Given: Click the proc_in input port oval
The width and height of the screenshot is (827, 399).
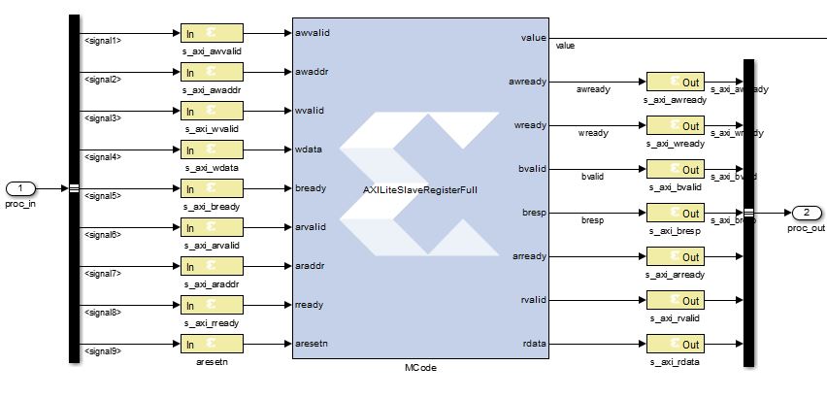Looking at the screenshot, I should [x=20, y=188].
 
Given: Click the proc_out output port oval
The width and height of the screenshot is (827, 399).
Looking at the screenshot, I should [x=807, y=213].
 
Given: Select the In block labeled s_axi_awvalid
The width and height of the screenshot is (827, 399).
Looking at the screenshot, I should [x=212, y=33].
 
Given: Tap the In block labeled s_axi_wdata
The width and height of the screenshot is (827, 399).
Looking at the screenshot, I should [x=212, y=150].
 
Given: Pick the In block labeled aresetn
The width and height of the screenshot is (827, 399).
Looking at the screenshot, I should [x=212, y=344].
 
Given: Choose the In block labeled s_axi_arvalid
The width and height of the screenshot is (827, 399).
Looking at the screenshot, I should [x=212, y=227].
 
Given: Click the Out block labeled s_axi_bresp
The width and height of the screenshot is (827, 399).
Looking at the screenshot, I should [x=675, y=213].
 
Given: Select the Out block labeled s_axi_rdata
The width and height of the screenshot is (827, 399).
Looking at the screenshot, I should [x=675, y=344].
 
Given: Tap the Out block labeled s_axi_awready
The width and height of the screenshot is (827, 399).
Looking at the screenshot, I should [x=675, y=82].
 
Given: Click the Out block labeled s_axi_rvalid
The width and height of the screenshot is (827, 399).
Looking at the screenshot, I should [x=675, y=300].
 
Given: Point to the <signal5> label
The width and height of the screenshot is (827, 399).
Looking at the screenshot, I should [x=103, y=196].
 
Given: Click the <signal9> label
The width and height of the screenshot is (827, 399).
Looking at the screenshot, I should [x=103, y=351].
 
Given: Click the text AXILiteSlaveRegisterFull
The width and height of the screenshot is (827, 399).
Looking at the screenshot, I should [x=420, y=189].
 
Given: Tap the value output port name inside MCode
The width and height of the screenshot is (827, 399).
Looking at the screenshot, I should [x=533, y=38].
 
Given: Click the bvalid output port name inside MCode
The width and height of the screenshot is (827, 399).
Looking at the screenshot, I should [x=532, y=169].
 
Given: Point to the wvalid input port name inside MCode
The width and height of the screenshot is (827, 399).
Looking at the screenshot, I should [x=311, y=111].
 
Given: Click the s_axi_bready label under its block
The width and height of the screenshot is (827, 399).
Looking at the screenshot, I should [x=212, y=206].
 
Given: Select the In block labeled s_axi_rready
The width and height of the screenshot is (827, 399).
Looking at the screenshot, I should [x=212, y=305].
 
